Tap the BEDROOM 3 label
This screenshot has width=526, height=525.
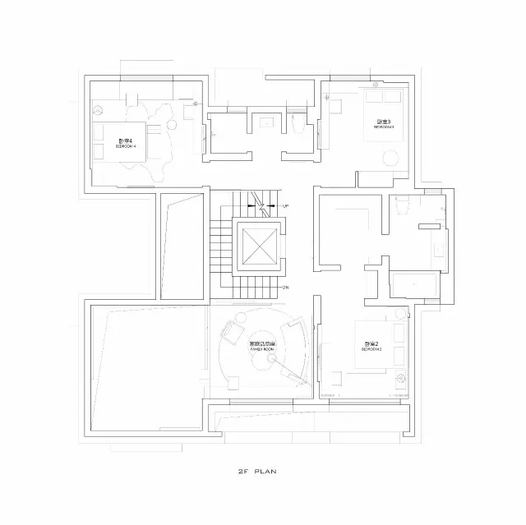tap(384, 125)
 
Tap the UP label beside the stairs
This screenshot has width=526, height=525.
tap(285, 205)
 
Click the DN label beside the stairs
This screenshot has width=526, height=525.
tap(285, 287)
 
